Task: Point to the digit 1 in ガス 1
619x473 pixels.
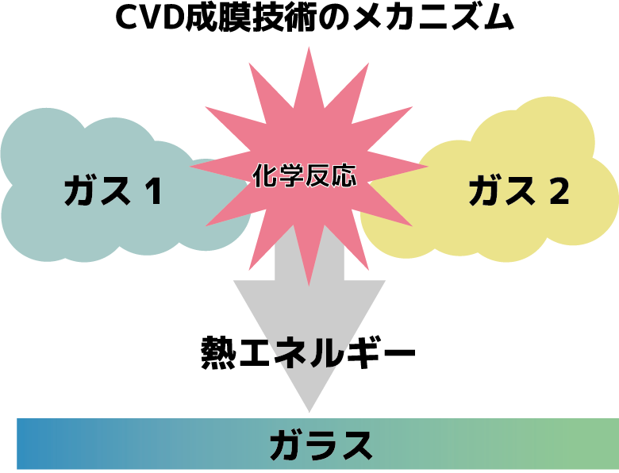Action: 153,191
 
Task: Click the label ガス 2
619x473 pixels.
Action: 518,191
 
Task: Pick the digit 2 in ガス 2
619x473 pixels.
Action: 559,191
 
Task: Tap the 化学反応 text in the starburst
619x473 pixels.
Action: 305,175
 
